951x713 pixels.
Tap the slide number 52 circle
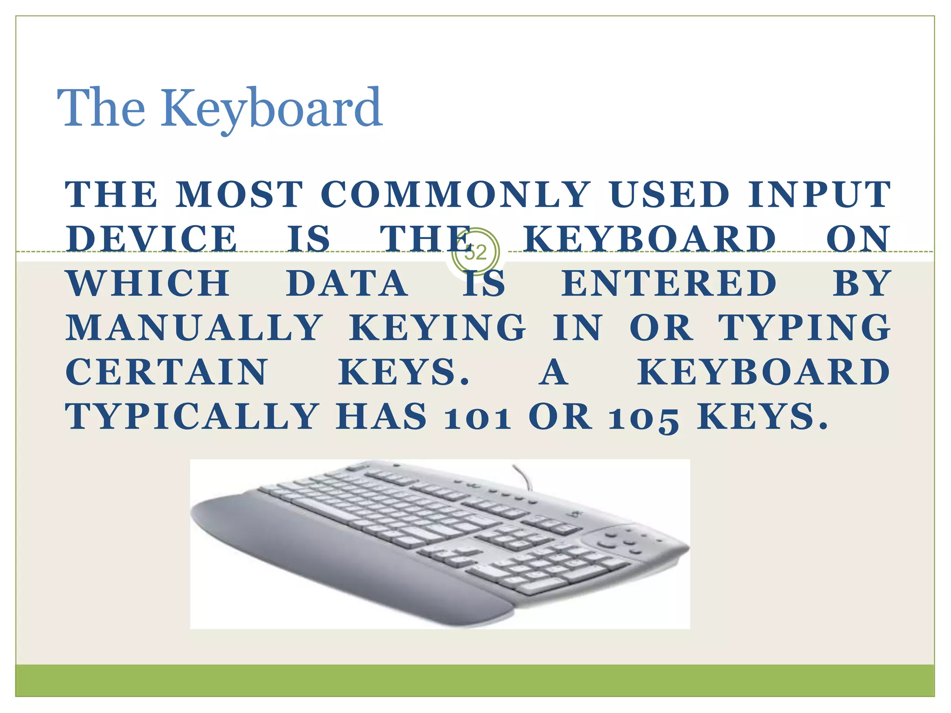tap(475, 253)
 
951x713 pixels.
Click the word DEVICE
tap(152, 239)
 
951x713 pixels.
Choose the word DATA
tap(347, 283)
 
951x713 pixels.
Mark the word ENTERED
tap(669, 283)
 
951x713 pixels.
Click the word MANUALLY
tap(194, 328)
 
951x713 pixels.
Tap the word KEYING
tap(437, 328)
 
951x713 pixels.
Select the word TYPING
tap(805, 328)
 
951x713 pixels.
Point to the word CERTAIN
tap(167, 372)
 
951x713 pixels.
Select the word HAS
tap(381, 416)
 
